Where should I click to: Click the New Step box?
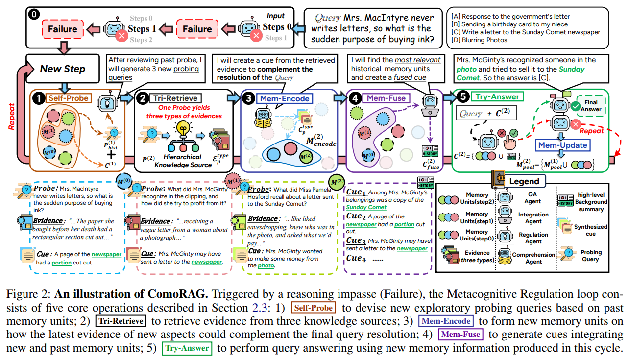(x=63, y=69)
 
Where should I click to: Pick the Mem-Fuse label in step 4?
(x=386, y=98)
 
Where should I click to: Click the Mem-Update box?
(x=563, y=145)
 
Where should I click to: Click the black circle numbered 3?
(x=249, y=98)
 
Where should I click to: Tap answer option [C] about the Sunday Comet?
(x=526, y=32)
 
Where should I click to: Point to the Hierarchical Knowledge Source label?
(x=181, y=161)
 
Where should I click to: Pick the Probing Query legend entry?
(x=590, y=256)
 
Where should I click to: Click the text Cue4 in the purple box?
(x=357, y=258)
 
